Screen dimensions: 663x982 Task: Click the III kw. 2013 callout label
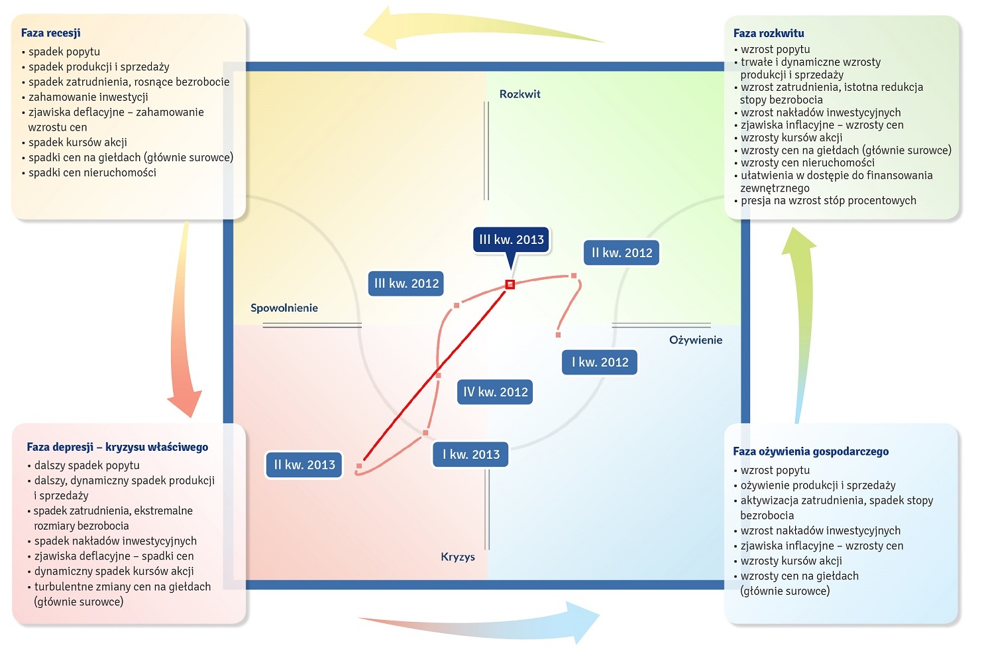coord(511,240)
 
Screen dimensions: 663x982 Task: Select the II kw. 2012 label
coord(622,253)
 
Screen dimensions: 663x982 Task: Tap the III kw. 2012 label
coord(406,283)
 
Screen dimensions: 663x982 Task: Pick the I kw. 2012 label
coord(600,362)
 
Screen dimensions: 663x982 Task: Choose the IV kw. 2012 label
coord(496,392)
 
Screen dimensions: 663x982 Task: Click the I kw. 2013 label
coord(470,454)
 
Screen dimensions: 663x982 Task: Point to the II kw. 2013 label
coord(305,465)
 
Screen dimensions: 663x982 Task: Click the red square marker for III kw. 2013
coord(510,284)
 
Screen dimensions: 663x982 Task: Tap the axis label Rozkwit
coord(519,94)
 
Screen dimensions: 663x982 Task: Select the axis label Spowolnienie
coord(284,308)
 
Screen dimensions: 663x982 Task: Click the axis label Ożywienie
coord(696,340)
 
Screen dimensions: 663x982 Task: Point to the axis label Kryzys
coord(458,557)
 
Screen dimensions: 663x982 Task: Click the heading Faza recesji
coord(50,33)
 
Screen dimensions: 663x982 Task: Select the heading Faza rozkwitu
coord(769,33)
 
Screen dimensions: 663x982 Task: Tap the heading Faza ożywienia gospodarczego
coord(810,452)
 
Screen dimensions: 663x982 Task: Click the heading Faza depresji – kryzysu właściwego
coord(117,448)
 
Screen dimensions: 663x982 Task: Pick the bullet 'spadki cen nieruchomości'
coord(92,172)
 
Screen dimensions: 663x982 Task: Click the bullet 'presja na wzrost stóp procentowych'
coord(828,200)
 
